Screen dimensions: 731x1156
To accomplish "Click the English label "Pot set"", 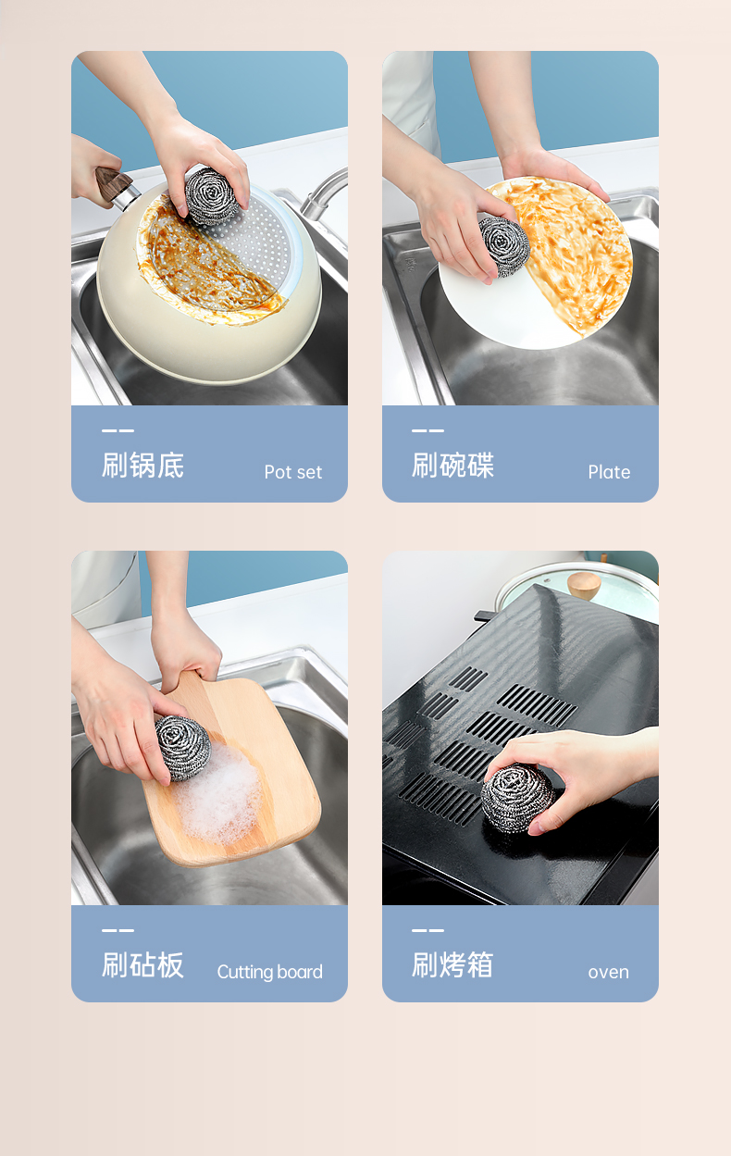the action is click(293, 472).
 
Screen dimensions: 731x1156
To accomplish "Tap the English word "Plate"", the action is click(609, 472).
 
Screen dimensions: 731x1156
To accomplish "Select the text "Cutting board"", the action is click(270, 972).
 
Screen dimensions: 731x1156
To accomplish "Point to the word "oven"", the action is click(609, 972).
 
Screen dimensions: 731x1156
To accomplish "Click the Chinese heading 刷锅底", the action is click(142, 465).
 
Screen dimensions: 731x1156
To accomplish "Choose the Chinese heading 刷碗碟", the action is click(452, 465).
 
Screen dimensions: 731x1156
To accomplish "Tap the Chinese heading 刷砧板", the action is click(142, 965).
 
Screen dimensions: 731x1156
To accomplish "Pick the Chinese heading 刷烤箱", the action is click(452, 965).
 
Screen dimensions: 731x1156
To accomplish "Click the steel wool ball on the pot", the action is click(212, 196).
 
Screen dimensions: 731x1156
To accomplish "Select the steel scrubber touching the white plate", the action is click(505, 247).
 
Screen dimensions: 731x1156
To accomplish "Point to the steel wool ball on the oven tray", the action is click(516, 797).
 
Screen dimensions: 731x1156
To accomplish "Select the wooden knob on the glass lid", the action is click(584, 585).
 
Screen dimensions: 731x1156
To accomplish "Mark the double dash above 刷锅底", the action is click(118, 430).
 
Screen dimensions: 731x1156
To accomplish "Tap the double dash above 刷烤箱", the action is click(427, 930).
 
